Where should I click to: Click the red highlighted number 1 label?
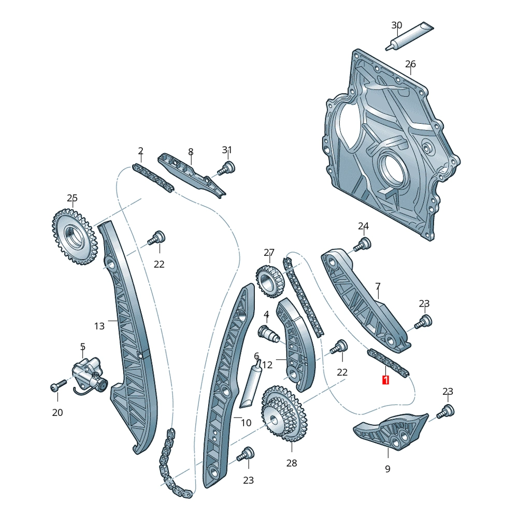point(385,380)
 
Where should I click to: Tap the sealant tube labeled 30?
point(410,36)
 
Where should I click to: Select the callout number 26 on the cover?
point(410,63)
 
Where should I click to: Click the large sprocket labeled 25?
point(75,236)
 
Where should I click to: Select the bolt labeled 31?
point(227,168)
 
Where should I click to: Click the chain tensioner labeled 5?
point(89,375)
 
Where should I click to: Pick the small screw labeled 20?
point(59,385)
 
